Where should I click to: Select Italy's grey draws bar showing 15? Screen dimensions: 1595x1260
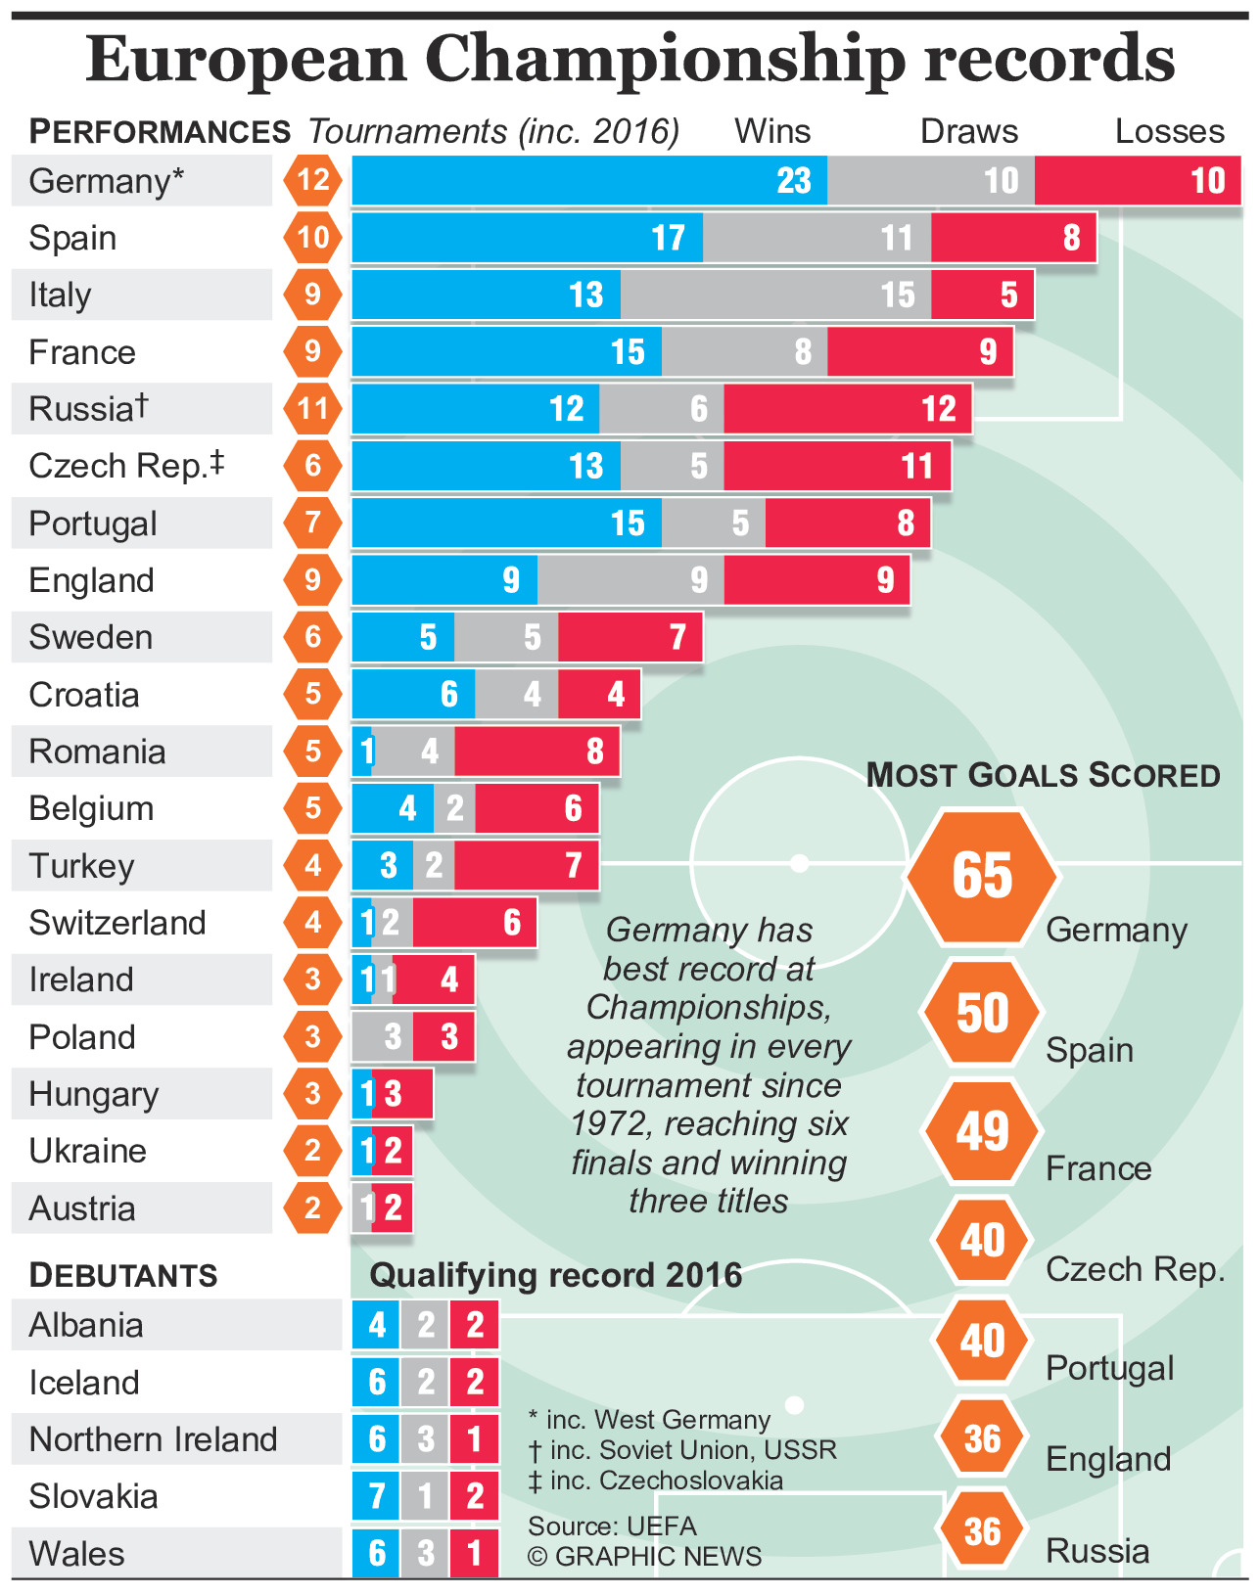[x=775, y=295]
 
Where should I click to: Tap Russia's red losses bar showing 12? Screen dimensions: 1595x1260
[x=848, y=409]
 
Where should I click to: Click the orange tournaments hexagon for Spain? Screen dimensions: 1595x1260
[x=313, y=238]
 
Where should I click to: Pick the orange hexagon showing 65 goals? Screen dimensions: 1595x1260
[x=982, y=875]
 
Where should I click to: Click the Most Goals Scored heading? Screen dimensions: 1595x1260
[x=1043, y=775]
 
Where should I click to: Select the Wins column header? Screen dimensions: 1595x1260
[x=772, y=131]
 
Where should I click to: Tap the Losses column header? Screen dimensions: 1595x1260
[x=1169, y=131]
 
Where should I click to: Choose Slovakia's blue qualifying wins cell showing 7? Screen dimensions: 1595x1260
[x=377, y=1496]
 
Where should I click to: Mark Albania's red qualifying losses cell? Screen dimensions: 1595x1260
[x=475, y=1325]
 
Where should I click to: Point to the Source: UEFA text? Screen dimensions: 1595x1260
[x=612, y=1527]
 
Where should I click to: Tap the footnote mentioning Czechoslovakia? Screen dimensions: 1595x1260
[x=655, y=1480]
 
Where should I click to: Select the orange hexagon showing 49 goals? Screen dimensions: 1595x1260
[x=982, y=1131]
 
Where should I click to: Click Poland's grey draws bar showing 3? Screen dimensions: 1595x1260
[x=383, y=1037]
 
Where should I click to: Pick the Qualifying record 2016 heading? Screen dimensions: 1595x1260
[x=555, y=1275]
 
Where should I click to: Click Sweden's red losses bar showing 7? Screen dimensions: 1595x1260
[x=630, y=637]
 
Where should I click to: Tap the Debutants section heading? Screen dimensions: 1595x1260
[x=123, y=1275]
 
